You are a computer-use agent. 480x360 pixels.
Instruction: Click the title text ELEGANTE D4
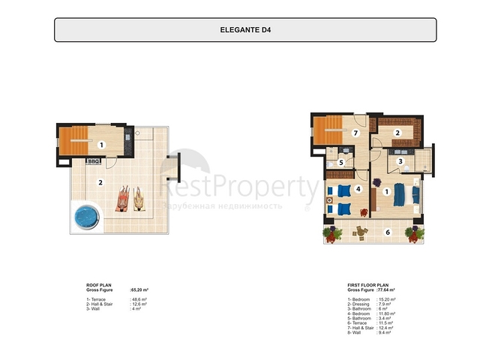click(244, 31)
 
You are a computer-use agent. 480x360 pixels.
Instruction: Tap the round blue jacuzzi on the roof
click(85, 217)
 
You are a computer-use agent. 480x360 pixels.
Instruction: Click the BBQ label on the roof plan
click(94, 160)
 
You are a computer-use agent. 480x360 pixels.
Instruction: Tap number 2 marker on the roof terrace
click(100, 181)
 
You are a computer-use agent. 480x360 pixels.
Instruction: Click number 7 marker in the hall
click(357, 133)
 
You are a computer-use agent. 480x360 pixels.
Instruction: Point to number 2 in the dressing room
click(398, 133)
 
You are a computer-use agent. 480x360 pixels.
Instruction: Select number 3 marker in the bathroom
click(400, 160)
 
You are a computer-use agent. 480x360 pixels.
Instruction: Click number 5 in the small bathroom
click(340, 161)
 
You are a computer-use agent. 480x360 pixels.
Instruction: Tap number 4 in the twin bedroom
click(358, 190)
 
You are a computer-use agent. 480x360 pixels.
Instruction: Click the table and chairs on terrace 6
click(361, 232)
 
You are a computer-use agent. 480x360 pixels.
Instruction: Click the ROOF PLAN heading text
click(100, 285)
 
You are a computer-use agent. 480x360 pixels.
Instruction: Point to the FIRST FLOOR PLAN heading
click(367, 285)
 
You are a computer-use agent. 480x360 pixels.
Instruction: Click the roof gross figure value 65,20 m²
click(139, 289)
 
